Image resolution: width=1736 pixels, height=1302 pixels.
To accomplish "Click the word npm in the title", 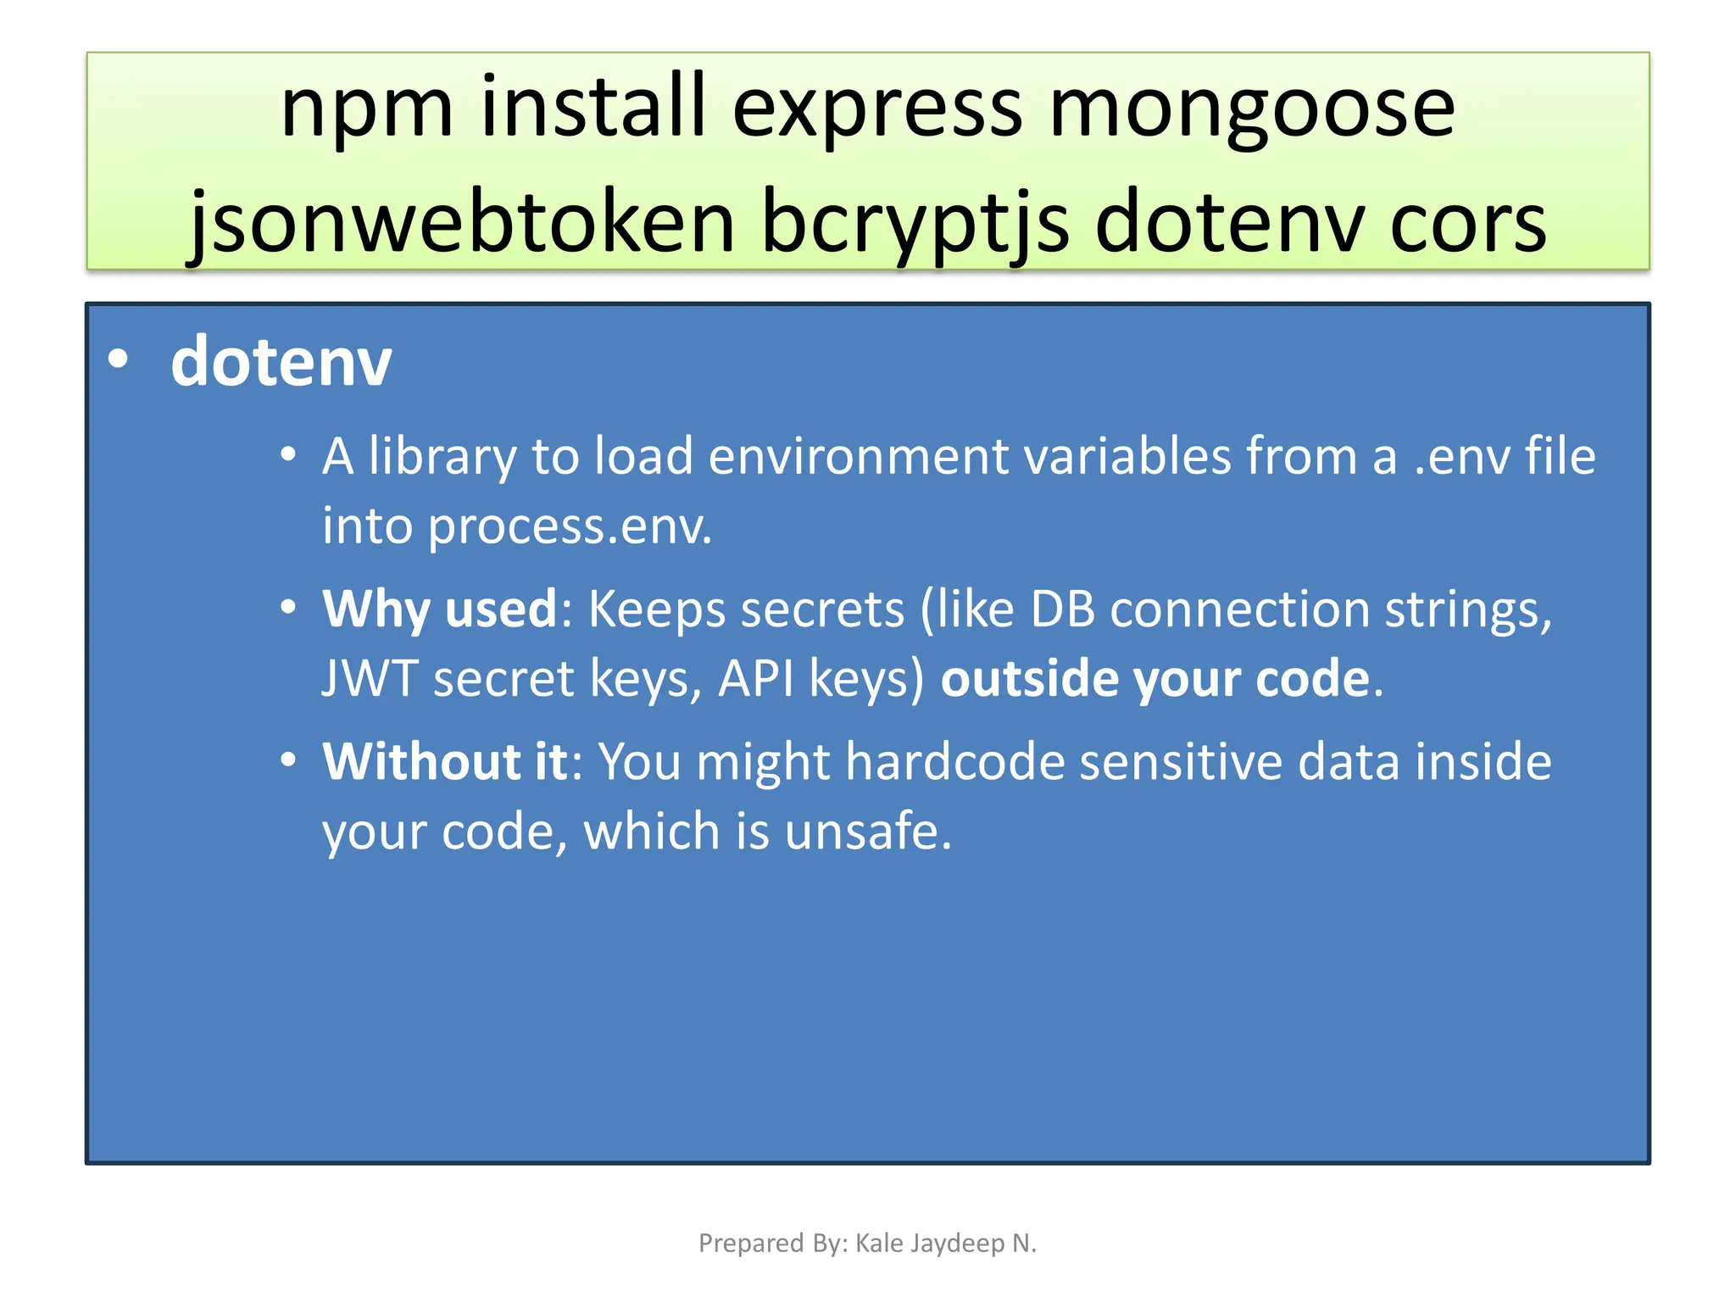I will (366, 108).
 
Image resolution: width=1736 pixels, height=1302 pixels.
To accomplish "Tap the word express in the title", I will (876, 108).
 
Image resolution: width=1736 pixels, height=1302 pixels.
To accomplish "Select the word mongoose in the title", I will (1252, 108).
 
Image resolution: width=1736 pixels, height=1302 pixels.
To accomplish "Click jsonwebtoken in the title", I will (462, 223).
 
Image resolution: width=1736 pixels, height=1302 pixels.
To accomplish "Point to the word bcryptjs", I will (915, 223).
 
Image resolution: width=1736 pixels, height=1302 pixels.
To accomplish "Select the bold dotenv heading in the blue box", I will (281, 362).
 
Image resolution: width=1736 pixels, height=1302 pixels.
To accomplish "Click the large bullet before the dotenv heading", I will (118, 360).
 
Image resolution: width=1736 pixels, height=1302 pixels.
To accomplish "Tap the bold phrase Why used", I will (439, 609).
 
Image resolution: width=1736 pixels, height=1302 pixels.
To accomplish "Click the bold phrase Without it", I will (444, 761).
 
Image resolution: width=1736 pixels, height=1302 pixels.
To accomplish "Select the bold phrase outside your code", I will (1155, 679).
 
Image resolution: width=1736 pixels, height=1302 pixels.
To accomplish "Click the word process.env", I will (570, 526).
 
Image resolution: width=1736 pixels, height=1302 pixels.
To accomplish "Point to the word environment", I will (857, 456).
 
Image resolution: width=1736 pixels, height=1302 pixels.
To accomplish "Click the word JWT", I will (370, 679).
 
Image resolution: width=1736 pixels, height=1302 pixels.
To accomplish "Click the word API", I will (756, 679).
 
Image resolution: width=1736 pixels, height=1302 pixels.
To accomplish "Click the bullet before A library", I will (289, 455).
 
